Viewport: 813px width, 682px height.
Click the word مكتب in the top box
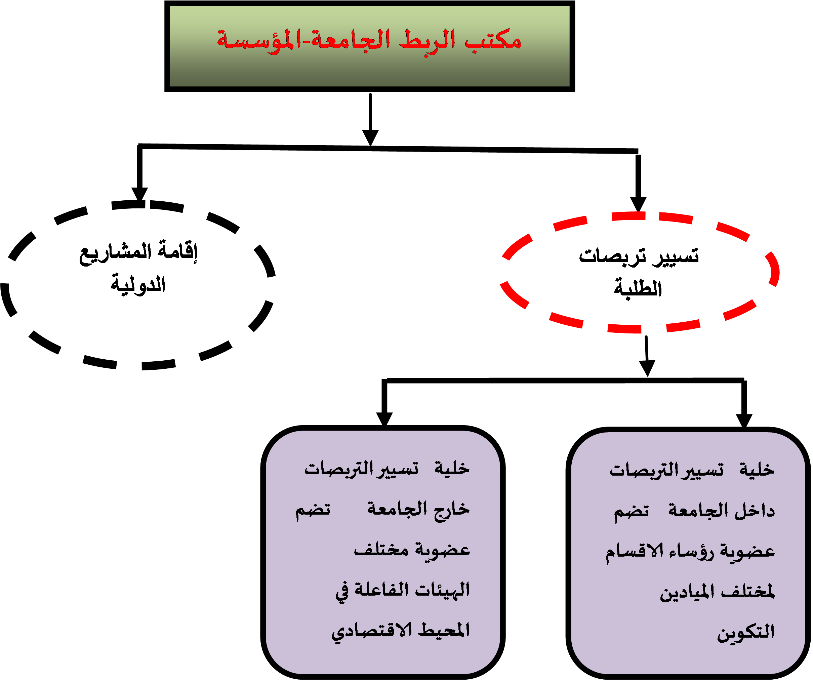(x=493, y=40)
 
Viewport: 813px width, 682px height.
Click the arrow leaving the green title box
(x=370, y=119)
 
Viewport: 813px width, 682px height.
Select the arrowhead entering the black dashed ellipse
(x=139, y=194)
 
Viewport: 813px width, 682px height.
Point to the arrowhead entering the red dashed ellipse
(x=638, y=204)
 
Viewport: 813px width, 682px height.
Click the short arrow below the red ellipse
(x=647, y=356)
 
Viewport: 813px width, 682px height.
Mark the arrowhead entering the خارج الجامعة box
(x=384, y=419)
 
